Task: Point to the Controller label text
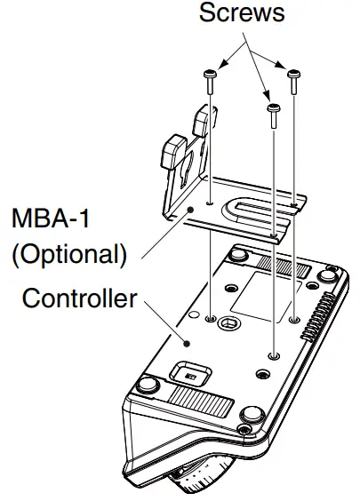tap(80, 298)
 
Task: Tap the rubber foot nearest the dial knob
tap(250, 414)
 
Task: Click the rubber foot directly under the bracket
tap(238, 256)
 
